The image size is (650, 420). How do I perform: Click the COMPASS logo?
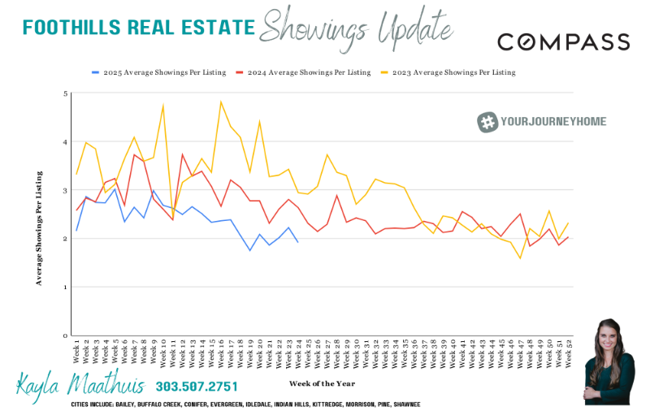[563, 42]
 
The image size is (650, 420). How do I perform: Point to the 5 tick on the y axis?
[65, 93]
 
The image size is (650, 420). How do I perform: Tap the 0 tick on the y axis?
[65, 336]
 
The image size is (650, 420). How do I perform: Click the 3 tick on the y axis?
[65, 190]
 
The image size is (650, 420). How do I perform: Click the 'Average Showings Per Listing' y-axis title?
[38, 228]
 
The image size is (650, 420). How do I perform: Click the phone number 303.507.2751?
[197, 386]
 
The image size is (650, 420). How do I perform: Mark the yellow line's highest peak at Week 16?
[221, 102]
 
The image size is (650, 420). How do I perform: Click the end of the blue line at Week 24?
[298, 242]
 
